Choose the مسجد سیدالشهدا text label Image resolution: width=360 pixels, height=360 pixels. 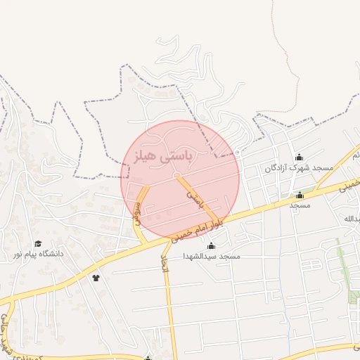(x=211, y=256)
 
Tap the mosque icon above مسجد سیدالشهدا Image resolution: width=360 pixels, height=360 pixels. (x=212, y=245)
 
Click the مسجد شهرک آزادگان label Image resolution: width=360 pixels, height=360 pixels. (x=298, y=168)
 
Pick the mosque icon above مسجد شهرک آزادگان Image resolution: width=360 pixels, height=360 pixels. (x=299, y=157)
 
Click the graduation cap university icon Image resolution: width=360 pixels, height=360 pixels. (x=38, y=243)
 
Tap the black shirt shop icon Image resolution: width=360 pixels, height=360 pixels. (x=96, y=277)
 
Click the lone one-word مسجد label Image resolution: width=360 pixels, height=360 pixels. (x=300, y=205)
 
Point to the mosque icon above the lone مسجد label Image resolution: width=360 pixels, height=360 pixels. (x=300, y=195)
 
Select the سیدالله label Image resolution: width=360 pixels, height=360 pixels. (x=352, y=219)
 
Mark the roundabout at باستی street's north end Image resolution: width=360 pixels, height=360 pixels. (x=178, y=175)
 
